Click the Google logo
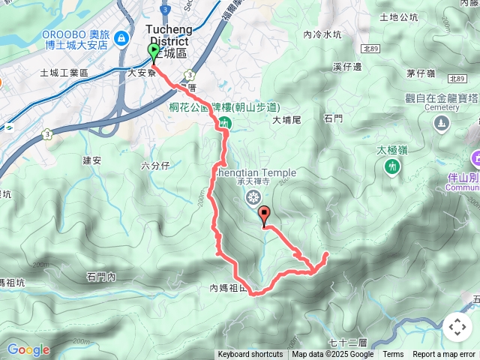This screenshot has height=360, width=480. [x=28, y=349]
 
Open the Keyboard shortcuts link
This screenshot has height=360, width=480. [x=250, y=355]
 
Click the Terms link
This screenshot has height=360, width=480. [x=393, y=355]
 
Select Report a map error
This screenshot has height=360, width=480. [x=444, y=355]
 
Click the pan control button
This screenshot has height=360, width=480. [x=457, y=327]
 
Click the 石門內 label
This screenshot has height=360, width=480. [x=101, y=277]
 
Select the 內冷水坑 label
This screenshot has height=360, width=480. [x=322, y=34]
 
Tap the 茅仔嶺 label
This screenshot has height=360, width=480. [x=421, y=73]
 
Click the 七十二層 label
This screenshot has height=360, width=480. [x=346, y=343]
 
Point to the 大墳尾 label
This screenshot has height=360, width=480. [x=286, y=119]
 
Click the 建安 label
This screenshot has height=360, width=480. [x=92, y=160]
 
